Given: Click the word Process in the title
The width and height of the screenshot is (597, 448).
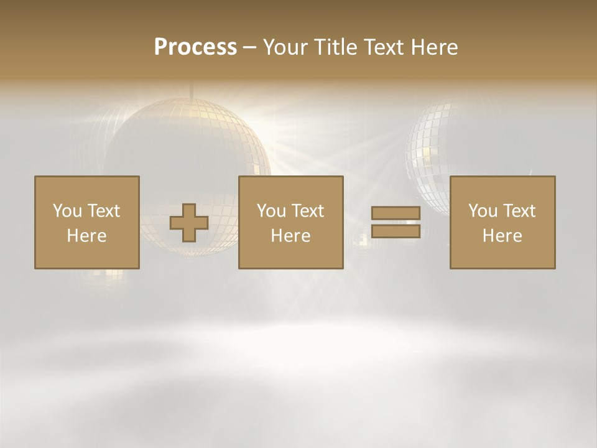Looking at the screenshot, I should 195,47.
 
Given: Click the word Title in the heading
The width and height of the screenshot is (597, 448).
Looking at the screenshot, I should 336,47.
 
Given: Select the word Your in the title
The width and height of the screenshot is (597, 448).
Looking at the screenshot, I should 285,47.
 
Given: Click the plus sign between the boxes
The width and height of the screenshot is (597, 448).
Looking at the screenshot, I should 189,223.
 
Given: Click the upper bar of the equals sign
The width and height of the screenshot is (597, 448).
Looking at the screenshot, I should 396,213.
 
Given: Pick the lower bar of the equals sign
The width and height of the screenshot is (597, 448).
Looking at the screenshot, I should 396,231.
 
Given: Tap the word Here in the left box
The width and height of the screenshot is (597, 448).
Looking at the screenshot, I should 86,236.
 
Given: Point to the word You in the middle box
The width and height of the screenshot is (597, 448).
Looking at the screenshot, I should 271,211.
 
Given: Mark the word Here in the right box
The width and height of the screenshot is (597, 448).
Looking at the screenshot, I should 502,236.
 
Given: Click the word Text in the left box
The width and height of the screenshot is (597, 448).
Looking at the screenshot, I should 103,211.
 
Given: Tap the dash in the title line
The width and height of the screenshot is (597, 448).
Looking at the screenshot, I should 249,48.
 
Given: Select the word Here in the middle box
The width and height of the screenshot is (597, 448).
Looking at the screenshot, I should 290,236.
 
